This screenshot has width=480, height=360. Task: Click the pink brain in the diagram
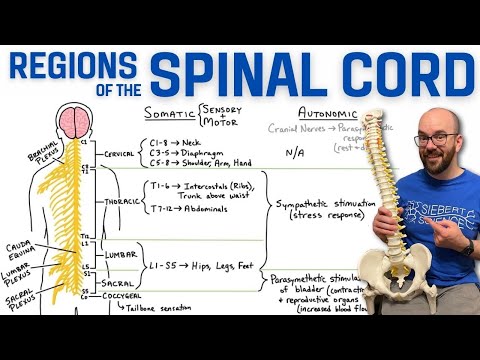point(74,122)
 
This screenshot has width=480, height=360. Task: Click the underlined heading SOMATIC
point(169,113)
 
